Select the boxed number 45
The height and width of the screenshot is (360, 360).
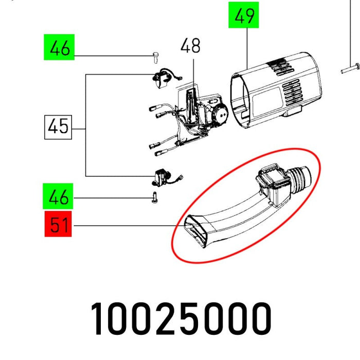click(58, 126)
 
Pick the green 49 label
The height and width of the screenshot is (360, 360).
click(244, 16)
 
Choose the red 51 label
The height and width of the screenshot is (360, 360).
click(58, 225)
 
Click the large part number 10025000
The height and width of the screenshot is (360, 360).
click(181, 319)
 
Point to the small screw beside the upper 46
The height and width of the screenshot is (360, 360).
click(154, 56)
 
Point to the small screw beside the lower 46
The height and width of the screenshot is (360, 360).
click(154, 197)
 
